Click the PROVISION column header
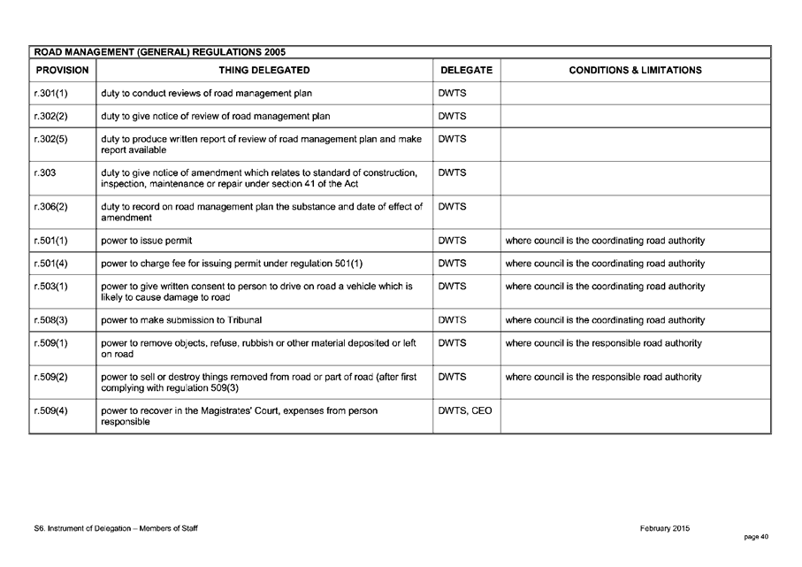pyautogui.click(x=62, y=70)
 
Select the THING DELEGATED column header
pyautogui.click(x=264, y=70)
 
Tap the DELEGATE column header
pyautogui.click(x=466, y=70)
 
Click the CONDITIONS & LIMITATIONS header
pyautogui.click(x=635, y=70)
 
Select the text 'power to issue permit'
pyautogui.click(x=147, y=241)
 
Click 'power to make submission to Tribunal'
pyautogui.click(x=181, y=319)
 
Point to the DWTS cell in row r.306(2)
pyautogui.click(x=452, y=206)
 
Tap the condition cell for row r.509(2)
pyautogui.click(x=603, y=377)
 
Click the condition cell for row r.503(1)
pyautogui.click(x=605, y=286)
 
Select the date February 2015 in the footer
pyautogui.click(x=664, y=528)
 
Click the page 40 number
pyautogui.click(x=756, y=537)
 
